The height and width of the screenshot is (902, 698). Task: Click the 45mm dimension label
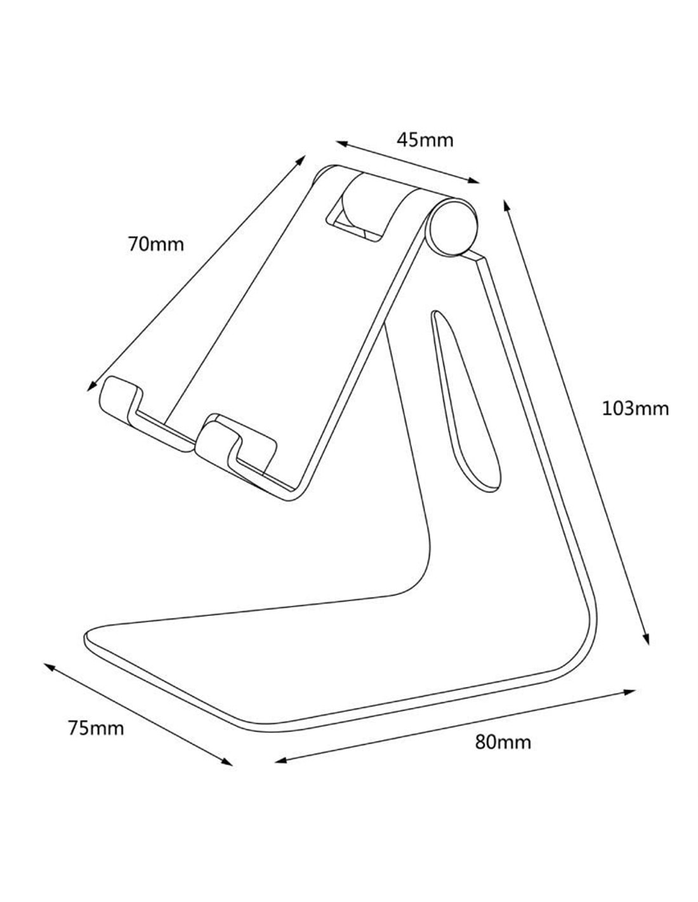click(x=425, y=140)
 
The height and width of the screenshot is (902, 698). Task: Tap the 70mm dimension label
click(x=155, y=244)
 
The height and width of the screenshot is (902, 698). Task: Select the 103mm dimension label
click(x=635, y=409)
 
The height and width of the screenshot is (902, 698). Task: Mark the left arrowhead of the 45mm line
click(x=342, y=144)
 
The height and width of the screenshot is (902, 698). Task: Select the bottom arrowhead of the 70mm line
click(x=91, y=386)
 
